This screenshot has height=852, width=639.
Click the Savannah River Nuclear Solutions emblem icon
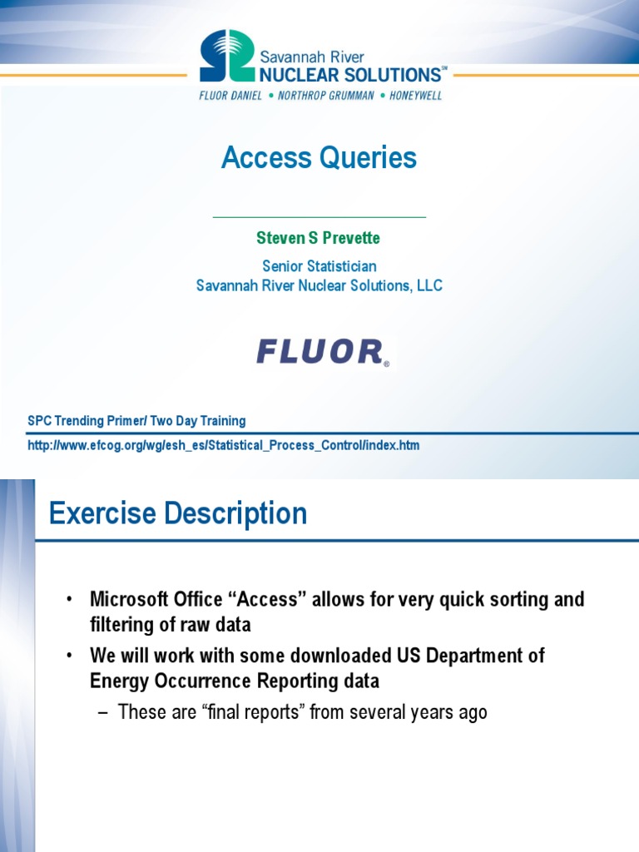tap(226, 57)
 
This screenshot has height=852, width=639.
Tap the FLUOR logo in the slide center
tap(321, 352)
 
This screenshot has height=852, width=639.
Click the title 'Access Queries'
tap(319, 157)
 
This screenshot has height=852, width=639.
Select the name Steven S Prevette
tap(319, 238)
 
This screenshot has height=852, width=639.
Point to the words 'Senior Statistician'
tap(319, 266)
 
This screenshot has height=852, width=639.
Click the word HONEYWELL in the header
tap(416, 96)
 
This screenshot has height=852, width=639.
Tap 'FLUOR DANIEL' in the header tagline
tap(230, 96)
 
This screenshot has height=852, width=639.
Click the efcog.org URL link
tap(224, 445)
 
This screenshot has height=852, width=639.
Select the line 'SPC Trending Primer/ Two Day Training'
tap(136, 421)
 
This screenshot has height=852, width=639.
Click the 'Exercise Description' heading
tap(178, 513)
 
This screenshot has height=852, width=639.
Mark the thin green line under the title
tap(319, 217)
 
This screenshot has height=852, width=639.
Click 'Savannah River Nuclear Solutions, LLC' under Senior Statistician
tap(319, 285)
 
